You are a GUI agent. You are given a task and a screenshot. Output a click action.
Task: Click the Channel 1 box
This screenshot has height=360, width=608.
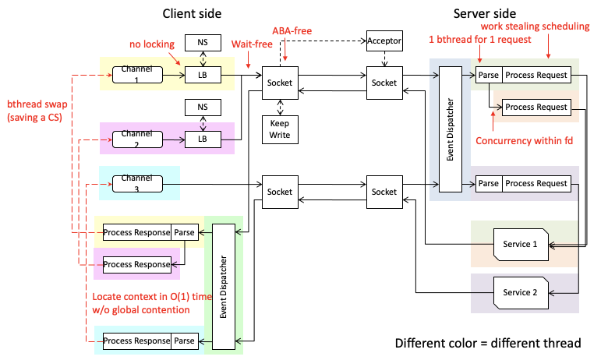point(137,75)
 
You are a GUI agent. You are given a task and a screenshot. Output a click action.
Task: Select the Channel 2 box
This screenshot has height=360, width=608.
point(137,139)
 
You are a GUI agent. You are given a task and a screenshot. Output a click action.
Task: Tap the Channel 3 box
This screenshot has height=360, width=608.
point(137,183)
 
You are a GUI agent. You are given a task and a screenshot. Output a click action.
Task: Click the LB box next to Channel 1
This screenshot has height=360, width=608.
point(203,75)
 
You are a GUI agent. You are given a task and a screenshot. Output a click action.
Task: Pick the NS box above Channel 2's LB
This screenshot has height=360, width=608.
point(203,107)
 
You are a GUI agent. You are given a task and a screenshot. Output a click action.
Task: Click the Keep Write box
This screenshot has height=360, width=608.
point(280,129)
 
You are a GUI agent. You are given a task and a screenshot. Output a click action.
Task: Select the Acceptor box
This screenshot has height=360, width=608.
point(384,40)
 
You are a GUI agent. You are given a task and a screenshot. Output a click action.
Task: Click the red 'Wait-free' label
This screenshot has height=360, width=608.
point(251,45)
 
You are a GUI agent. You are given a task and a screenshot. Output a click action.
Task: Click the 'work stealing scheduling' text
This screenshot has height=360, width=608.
point(535,26)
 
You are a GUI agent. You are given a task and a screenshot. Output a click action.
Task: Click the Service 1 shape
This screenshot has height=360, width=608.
point(520,244)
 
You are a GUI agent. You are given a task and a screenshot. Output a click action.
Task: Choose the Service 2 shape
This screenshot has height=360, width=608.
point(520,292)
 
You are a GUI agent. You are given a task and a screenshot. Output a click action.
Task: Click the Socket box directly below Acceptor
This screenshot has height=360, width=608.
point(384,83)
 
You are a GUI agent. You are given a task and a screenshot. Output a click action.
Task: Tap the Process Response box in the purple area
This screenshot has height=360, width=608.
point(136,264)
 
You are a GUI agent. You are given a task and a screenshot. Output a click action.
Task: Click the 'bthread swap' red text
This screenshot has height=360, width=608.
point(36,110)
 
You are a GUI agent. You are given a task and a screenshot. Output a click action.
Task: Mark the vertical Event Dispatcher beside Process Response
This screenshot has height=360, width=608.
point(224,286)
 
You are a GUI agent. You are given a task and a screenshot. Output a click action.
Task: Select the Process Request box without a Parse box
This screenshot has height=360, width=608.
point(536,107)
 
